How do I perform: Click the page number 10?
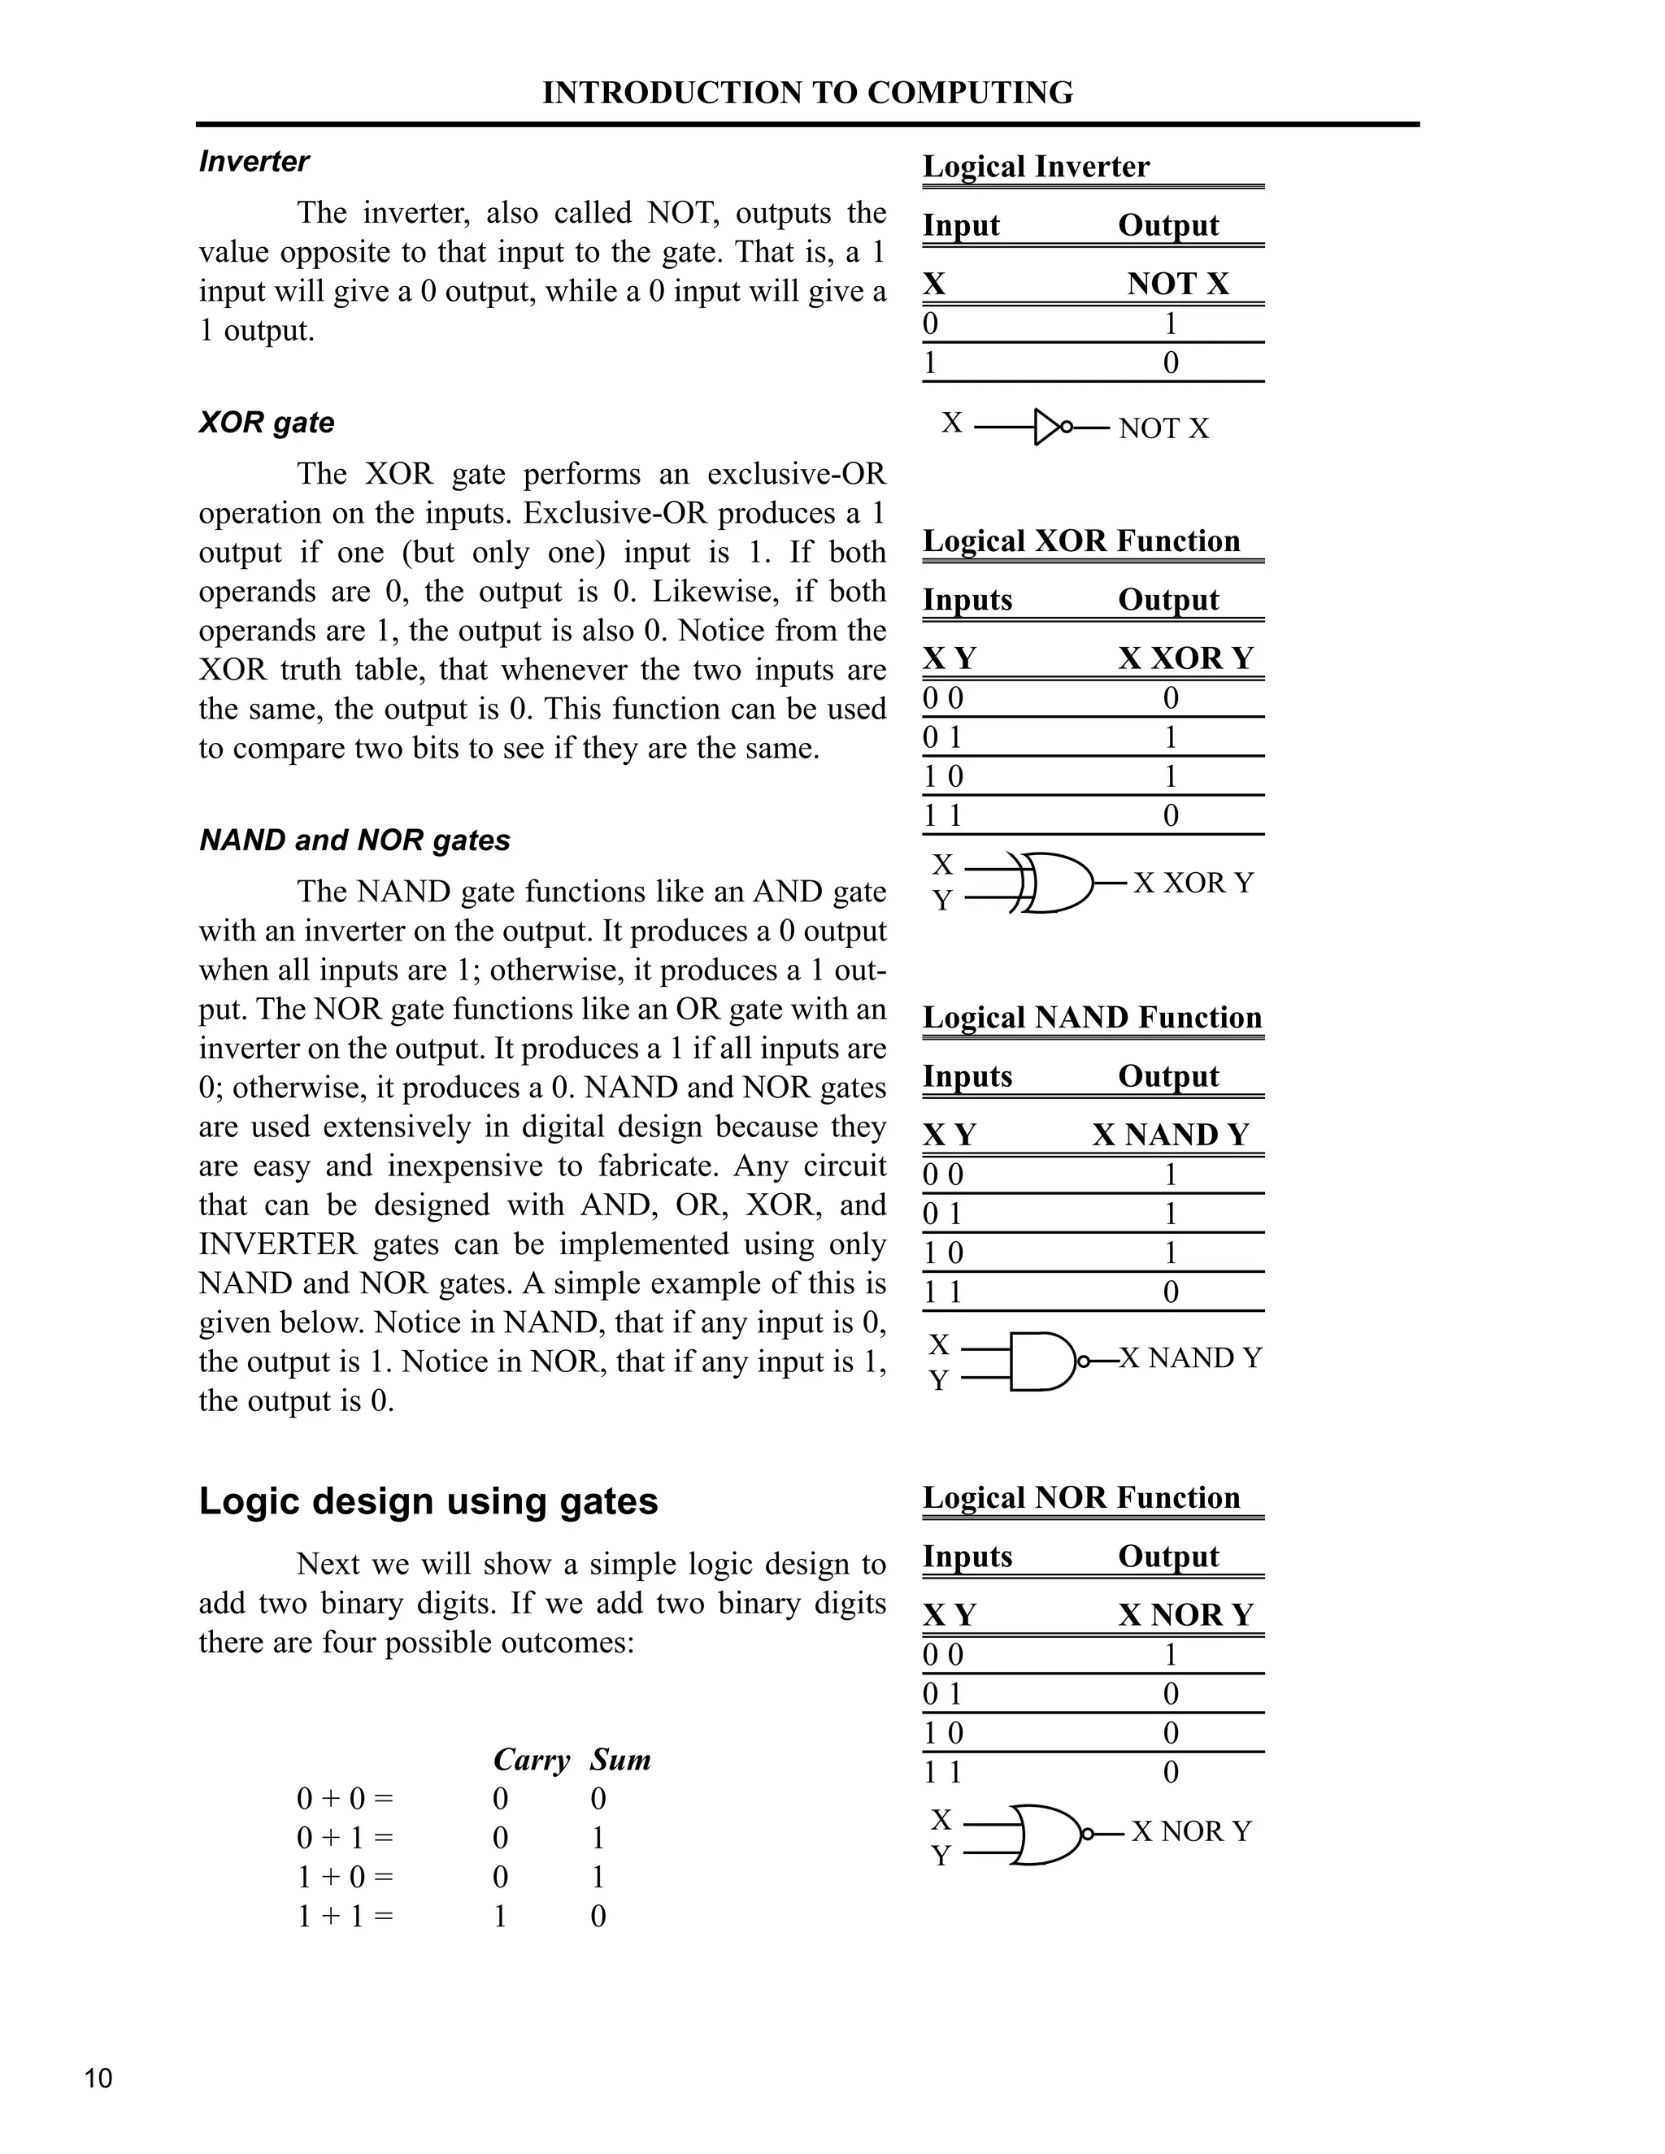[x=98, y=2078]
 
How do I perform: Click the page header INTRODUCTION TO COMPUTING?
[x=806, y=93]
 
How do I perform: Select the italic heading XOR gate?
[x=267, y=422]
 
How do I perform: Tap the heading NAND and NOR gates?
[x=354, y=840]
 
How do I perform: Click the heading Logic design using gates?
[x=428, y=1501]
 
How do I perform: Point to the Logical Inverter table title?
[x=1036, y=167]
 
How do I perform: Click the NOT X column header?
[x=1178, y=284]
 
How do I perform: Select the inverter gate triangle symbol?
[x=1047, y=427]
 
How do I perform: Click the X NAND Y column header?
[x=1170, y=1136]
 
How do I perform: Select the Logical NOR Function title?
[x=1081, y=1498]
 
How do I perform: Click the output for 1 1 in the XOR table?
[x=1171, y=815]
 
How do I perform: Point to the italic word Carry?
[x=531, y=1761]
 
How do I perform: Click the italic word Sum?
[x=620, y=1761]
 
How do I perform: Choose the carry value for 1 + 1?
[x=500, y=1917]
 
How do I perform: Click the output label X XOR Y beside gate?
[x=1193, y=883]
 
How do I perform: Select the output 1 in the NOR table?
[x=1171, y=1655]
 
